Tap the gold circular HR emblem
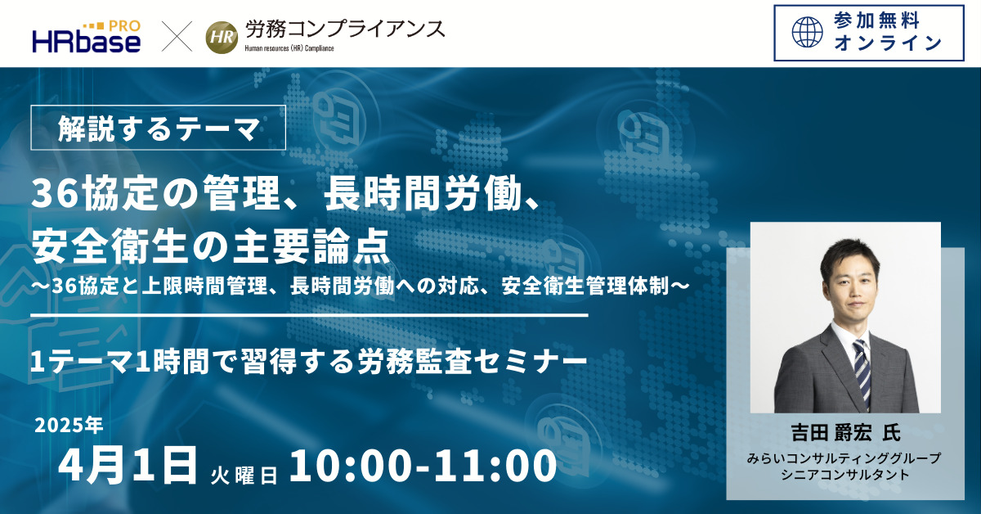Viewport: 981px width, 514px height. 222,38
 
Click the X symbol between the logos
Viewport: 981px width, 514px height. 177,36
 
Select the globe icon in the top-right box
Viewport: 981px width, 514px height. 808,32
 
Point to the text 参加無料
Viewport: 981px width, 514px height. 876,21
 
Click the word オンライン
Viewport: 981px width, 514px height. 888,43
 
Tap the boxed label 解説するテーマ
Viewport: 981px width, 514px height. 158,128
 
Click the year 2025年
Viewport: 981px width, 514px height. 69,425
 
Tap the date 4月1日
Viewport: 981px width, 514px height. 128,464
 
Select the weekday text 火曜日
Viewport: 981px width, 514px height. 244,475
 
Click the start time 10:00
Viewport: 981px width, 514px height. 351,466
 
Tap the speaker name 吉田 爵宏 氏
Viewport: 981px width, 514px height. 845,432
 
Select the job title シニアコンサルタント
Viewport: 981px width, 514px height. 845,475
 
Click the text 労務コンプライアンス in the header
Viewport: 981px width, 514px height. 345,29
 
